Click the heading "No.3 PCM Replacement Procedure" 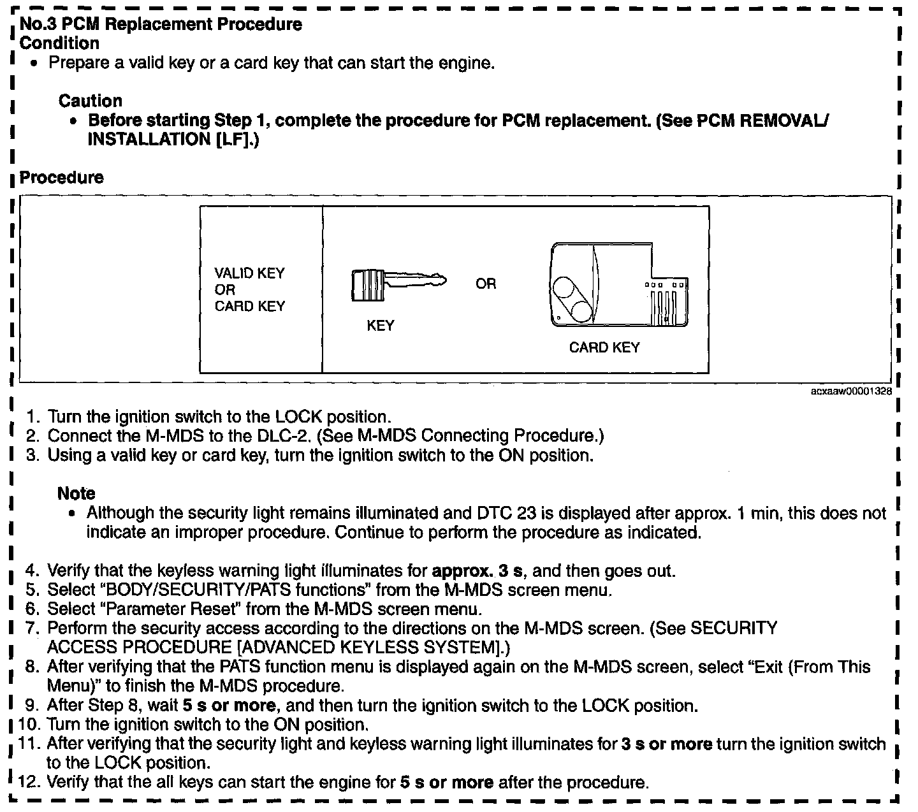pos(161,25)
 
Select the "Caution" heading pos(90,101)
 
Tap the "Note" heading pos(76,493)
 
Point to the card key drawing pos(618,286)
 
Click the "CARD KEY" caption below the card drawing pos(604,347)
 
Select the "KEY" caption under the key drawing pos(380,326)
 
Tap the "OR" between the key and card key pos(485,284)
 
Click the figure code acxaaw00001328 pos(850,392)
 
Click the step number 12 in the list pos(29,782)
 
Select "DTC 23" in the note pos(502,513)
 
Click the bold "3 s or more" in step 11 pos(666,744)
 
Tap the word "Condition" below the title pos(60,43)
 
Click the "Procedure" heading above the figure pos(61,177)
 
